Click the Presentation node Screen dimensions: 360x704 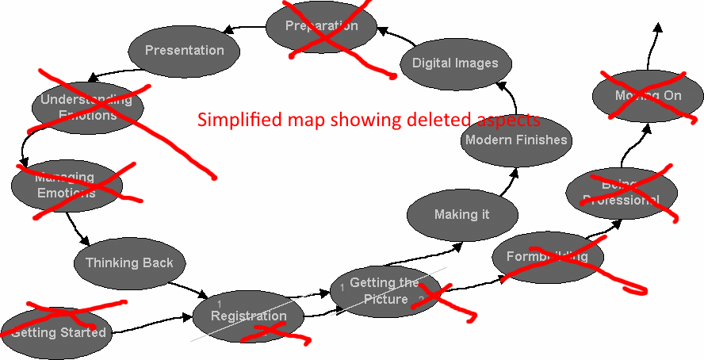coord(184,51)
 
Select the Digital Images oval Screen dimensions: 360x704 coord(455,63)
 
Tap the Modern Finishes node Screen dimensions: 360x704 coord(516,140)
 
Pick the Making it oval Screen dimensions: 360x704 coord(461,215)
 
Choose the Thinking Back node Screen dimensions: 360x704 coord(129,263)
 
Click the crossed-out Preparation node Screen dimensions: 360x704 coord(321,26)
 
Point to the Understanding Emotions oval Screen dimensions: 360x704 coord(87,108)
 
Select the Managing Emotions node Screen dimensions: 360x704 coord(66,186)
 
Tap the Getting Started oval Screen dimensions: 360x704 coord(58,332)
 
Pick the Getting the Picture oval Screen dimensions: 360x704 coord(385,291)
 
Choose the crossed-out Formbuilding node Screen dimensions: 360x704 coord(547,257)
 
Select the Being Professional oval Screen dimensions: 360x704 coord(621,193)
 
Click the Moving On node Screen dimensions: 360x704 coord(648,96)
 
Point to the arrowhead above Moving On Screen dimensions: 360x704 coord(657,29)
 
